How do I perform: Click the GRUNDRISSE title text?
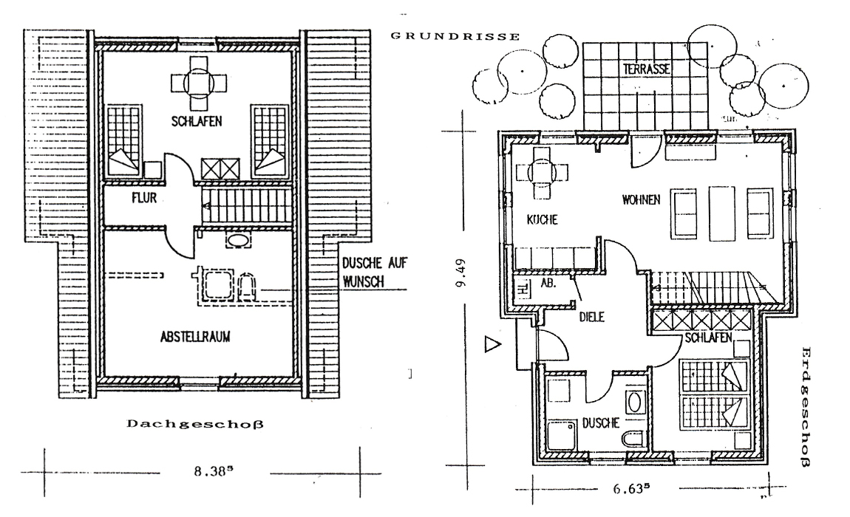tap(454, 35)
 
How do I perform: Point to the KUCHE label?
tap(542, 219)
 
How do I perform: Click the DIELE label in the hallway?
tap(592, 317)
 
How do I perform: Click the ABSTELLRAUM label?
tap(195, 336)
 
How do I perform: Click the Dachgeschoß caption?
tap(196, 424)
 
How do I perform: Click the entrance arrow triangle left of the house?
tap(492, 343)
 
